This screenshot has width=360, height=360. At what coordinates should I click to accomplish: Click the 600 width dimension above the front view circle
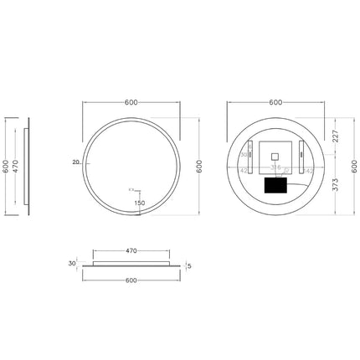pos(131,102)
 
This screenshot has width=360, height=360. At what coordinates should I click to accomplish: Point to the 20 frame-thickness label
pos(75,162)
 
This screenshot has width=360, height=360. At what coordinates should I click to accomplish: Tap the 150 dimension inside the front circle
pos(139,203)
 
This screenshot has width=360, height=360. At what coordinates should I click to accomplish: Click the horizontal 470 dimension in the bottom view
pos(131,249)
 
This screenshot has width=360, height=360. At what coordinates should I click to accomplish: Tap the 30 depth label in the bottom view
pos(74,263)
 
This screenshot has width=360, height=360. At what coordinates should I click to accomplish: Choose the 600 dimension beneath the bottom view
pos(131,281)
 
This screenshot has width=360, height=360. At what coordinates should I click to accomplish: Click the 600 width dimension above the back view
pos(275,102)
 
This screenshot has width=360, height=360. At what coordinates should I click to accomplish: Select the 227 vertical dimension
pos(335,134)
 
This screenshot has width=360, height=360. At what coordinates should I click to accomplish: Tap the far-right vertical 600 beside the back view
pos(354,167)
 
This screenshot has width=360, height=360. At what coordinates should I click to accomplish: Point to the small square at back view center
pos(275,156)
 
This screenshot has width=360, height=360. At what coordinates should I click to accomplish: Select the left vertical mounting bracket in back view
pos(249,156)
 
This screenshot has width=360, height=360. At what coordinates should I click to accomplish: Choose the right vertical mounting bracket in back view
pos(300,156)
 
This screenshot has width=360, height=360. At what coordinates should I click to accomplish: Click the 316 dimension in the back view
pos(275,167)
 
